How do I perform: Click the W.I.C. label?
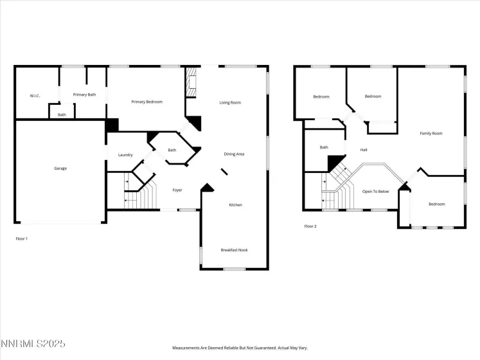point(35,96)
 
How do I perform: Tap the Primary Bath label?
point(84,94)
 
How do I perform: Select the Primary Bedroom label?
point(147,102)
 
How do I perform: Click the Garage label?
point(60,168)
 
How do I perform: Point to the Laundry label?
point(125,155)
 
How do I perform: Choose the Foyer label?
point(177,190)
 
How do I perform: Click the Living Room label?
point(230,102)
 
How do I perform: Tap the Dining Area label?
point(234,154)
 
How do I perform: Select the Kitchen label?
point(236,205)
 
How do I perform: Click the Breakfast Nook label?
point(234,250)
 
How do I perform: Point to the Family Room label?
point(431,134)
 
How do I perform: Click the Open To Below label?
point(376,191)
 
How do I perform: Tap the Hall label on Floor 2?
point(364,150)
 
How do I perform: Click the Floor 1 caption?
point(22,239)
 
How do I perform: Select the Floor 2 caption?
point(310,226)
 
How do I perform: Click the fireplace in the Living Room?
point(190,84)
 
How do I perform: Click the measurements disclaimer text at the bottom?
point(240,348)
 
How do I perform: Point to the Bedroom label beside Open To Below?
point(437,204)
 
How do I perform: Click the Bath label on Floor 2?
point(324,147)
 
